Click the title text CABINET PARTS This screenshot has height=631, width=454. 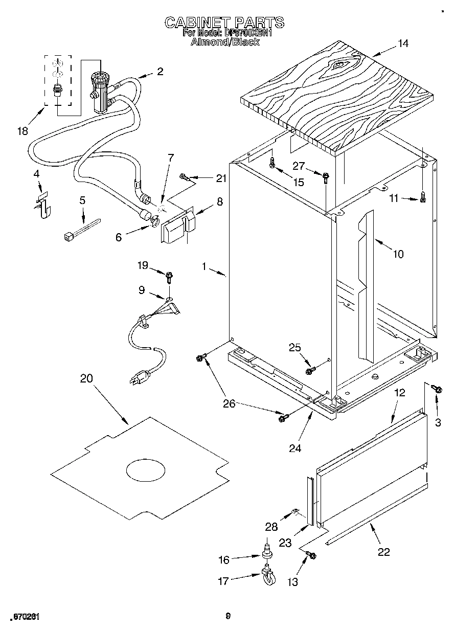[x=224, y=22]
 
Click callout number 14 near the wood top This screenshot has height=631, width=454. [x=403, y=43]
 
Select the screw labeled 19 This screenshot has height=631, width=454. [x=168, y=277]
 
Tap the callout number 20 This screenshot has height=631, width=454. [x=87, y=378]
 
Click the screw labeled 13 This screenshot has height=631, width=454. [x=310, y=555]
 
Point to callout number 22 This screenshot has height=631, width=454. [x=383, y=552]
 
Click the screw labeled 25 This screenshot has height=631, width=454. [x=309, y=370]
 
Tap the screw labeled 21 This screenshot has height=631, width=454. [x=185, y=178]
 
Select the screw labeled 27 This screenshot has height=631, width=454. [x=326, y=177]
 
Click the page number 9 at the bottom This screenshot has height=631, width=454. [x=229, y=616]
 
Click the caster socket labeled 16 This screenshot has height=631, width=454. [x=266, y=554]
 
